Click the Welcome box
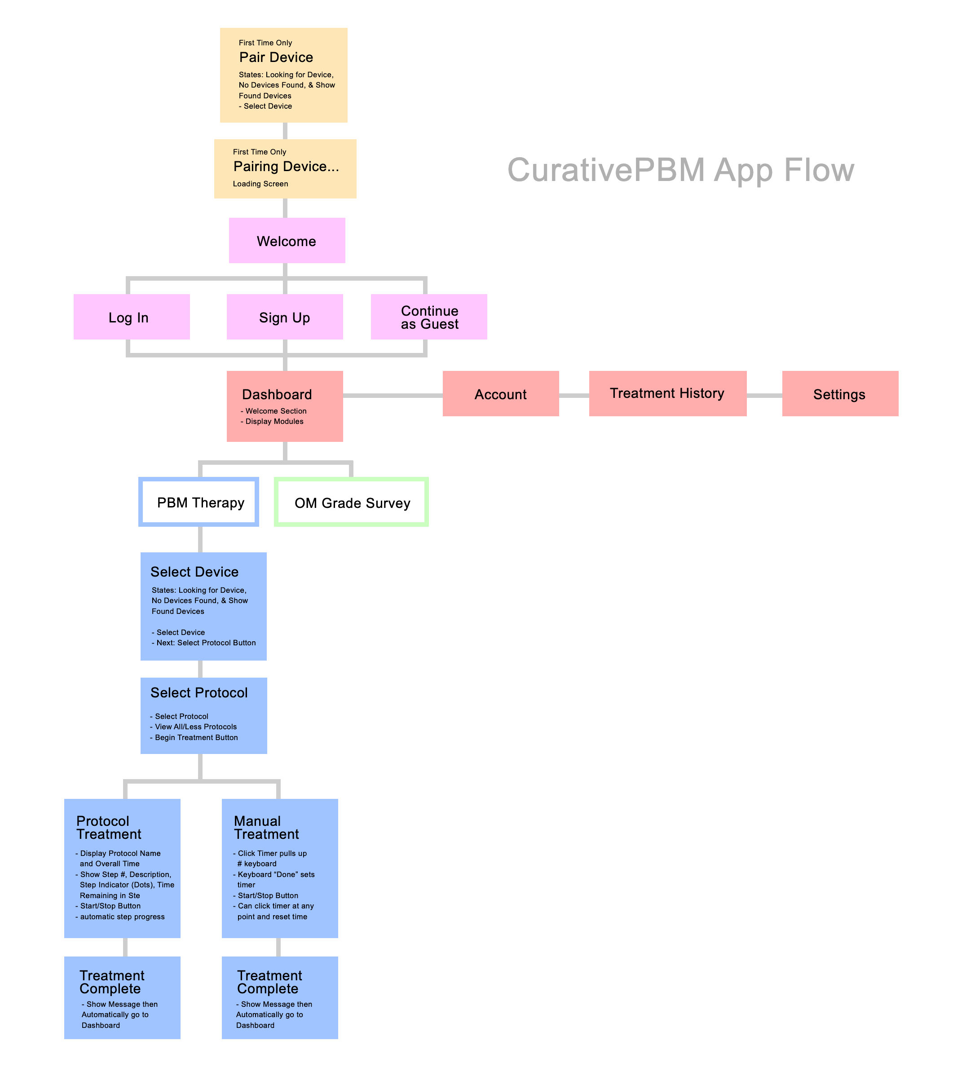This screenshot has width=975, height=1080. [287, 241]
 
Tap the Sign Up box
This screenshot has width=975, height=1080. [284, 317]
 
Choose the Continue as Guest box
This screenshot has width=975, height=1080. [428, 317]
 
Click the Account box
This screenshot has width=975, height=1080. [500, 394]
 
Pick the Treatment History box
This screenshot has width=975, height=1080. [667, 394]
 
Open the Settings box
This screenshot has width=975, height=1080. [839, 394]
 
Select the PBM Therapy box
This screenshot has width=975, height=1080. [199, 502]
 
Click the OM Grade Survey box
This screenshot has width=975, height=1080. [352, 503]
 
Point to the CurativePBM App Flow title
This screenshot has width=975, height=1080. [680, 170]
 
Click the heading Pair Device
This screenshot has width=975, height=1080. [276, 57]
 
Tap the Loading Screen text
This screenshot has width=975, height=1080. [260, 184]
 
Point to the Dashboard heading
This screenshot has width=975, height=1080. [277, 394]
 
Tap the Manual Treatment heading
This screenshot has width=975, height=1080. [266, 828]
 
